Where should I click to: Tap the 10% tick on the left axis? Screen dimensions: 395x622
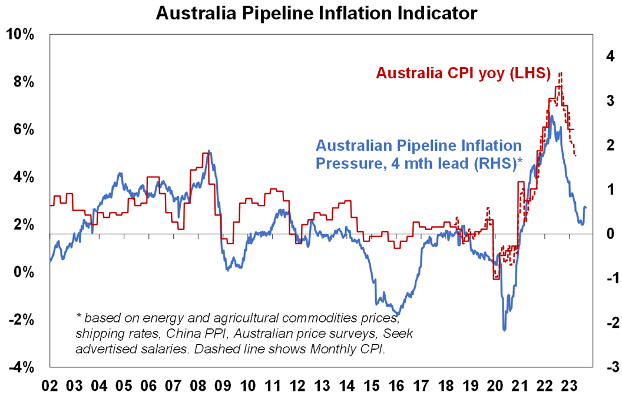click(22, 35)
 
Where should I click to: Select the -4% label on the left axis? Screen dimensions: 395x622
click(22, 368)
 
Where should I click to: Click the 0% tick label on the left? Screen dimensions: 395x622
click(25, 273)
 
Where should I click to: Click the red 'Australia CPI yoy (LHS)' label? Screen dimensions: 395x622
click(463, 74)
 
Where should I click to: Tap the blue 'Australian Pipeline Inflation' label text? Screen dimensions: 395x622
click(419, 145)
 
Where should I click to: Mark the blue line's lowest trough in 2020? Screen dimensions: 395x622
click(504, 330)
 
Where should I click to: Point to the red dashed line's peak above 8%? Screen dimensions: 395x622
click(560, 72)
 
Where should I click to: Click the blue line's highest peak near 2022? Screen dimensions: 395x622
click(551, 116)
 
